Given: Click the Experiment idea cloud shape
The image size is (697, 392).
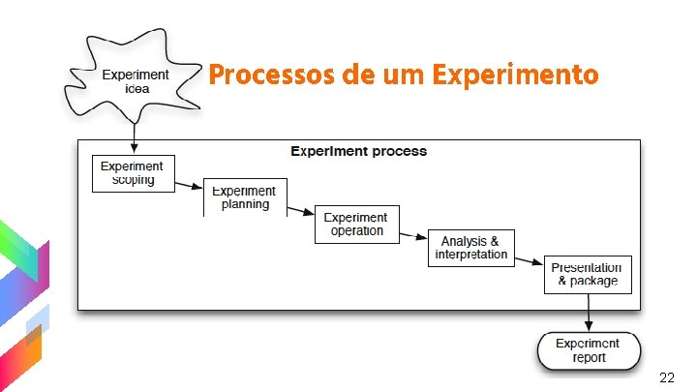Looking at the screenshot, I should (x=136, y=80).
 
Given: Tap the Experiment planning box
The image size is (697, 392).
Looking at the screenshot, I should (x=245, y=197).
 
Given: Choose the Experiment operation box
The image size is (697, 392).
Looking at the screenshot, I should (x=356, y=225).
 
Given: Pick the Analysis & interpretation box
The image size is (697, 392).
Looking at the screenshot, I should (x=471, y=248).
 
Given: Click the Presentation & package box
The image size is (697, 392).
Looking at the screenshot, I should (x=588, y=275).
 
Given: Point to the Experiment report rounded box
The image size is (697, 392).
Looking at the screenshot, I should (x=589, y=350).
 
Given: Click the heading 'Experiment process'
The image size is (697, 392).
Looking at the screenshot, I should (x=358, y=152).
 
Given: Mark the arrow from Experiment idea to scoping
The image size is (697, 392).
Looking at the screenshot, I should (x=134, y=135).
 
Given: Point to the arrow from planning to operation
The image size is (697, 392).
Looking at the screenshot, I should (x=301, y=209).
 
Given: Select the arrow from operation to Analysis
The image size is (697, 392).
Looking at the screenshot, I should (x=413, y=234).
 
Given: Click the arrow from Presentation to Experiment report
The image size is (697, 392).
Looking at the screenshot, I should (x=588, y=313).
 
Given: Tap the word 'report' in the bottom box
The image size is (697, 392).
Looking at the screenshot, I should (x=589, y=358).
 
